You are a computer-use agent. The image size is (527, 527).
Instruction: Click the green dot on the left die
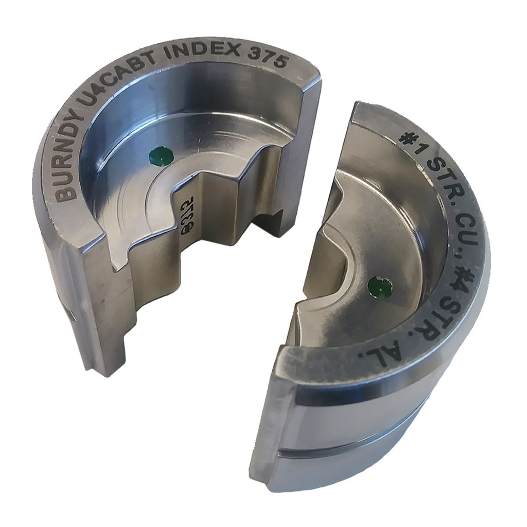point(161,156)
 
